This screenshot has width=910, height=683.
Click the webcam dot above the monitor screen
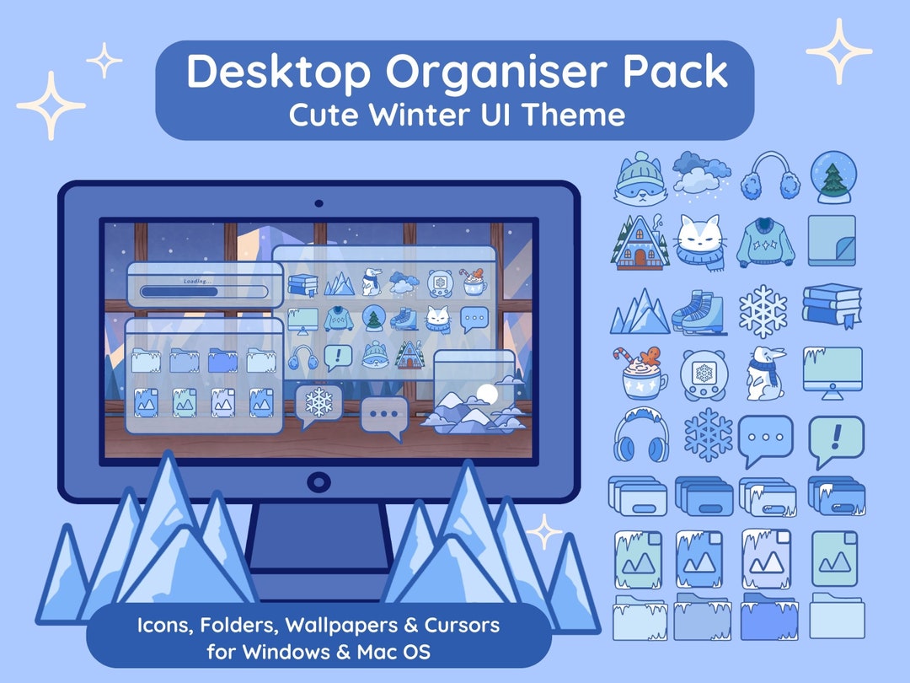318,203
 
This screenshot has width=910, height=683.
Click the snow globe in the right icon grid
832,177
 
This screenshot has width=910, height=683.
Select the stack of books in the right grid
832,305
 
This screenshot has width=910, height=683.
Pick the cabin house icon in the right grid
638,241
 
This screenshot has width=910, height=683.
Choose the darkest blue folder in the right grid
769,617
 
